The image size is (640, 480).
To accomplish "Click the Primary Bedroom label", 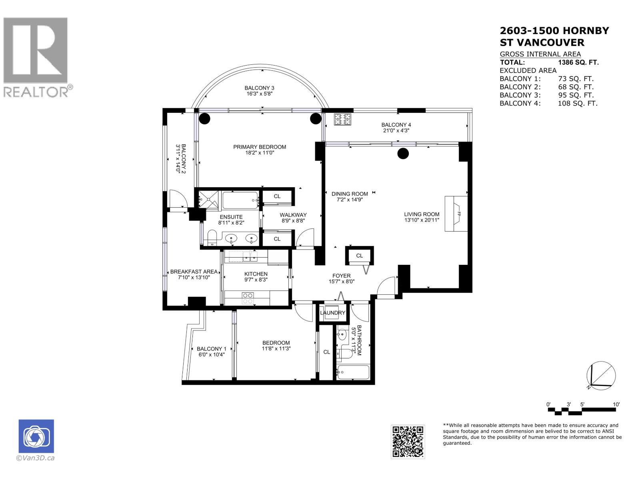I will [x=260, y=147].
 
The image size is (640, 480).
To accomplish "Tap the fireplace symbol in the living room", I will [x=456, y=214].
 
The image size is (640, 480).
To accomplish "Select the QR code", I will [x=408, y=442].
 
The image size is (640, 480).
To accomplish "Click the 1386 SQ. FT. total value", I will [x=578, y=62].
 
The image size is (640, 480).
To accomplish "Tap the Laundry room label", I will [x=332, y=312].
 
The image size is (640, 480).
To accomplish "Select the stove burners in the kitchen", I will [x=248, y=298].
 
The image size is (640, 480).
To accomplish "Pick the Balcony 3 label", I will [x=259, y=88].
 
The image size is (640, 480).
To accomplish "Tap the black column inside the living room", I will [x=403, y=153].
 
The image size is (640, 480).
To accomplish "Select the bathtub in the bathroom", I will [x=353, y=372].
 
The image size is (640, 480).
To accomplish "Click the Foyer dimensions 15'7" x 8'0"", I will [x=341, y=281].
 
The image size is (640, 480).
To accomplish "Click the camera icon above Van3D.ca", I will [x=36, y=436].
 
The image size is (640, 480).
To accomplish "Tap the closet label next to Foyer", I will [x=359, y=256].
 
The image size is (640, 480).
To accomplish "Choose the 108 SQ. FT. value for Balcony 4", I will [x=577, y=103].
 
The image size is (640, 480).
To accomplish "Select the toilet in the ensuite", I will [x=212, y=238].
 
